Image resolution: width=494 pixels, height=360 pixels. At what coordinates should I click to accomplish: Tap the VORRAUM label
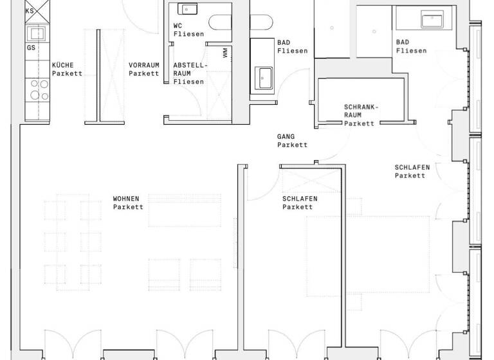click(143, 65)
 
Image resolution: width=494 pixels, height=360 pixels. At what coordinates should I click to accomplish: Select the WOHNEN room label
click(128, 199)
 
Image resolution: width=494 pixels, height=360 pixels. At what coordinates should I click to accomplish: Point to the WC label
click(178, 26)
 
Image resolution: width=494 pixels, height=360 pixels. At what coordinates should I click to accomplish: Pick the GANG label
click(286, 137)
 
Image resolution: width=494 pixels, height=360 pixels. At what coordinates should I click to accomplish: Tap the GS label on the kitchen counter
click(31, 47)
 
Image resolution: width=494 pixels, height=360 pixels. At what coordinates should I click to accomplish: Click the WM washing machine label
click(224, 53)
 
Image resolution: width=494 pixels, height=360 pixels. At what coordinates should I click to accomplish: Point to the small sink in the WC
click(188, 9)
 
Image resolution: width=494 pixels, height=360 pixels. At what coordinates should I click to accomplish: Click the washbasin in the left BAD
click(264, 78)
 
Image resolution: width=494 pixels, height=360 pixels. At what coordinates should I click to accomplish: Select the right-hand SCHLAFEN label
click(412, 167)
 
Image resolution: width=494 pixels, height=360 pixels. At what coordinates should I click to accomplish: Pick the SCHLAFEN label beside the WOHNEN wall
click(300, 199)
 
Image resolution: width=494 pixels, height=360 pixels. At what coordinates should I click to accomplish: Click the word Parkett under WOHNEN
click(128, 207)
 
